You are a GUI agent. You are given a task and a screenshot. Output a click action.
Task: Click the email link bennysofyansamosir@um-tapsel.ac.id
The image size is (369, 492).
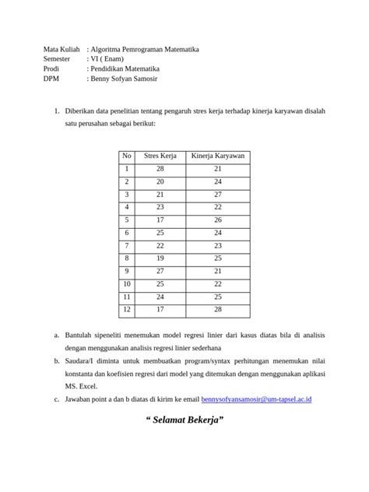pyautogui.click(x=256, y=399)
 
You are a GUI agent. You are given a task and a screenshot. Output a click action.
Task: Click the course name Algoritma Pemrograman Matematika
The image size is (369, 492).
pyautogui.click(x=145, y=48)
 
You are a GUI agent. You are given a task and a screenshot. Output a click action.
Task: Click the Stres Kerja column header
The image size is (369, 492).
pyautogui.click(x=160, y=156)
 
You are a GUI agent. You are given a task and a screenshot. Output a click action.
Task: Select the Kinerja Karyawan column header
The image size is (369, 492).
pyautogui.click(x=218, y=156)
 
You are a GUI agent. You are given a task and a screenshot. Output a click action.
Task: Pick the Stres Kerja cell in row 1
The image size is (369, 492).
pyautogui.click(x=160, y=169)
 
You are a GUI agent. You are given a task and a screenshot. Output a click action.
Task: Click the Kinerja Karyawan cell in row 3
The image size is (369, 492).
pyautogui.click(x=218, y=195)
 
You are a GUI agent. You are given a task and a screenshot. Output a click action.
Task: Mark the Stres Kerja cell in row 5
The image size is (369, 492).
pyautogui.click(x=160, y=220)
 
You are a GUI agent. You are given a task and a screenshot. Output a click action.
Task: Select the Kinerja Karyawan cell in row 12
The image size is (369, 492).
pyautogui.click(x=218, y=310)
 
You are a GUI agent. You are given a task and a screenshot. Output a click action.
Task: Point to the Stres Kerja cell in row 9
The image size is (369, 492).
pyautogui.click(x=160, y=271)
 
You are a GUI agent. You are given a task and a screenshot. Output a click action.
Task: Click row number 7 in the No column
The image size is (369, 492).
pyautogui.click(x=127, y=246)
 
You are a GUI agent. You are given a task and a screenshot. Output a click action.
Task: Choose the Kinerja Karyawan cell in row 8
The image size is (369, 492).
pyautogui.click(x=218, y=258)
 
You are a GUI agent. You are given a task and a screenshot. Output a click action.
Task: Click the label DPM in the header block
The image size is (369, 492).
pyautogui.click(x=51, y=79)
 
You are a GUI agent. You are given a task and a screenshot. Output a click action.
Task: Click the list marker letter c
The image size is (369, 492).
pyautogui.click(x=56, y=399)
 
